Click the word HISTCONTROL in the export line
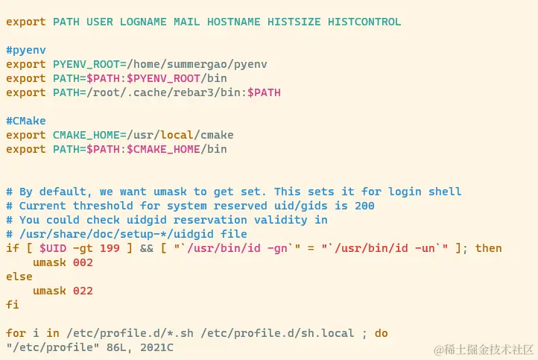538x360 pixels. (x=364, y=22)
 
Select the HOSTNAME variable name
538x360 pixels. (x=234, y=22)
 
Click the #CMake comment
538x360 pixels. (x=25, y=121)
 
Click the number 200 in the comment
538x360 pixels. (x=364, y=206)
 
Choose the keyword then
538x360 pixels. (x=489, y=248)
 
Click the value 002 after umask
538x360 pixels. (x=83, y=262)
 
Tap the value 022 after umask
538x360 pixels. (x=83, y=291)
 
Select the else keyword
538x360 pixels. (x=19, y=277)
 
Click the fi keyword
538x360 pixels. (x=13, y=305)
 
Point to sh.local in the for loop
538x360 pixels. (x=328, y=333)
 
